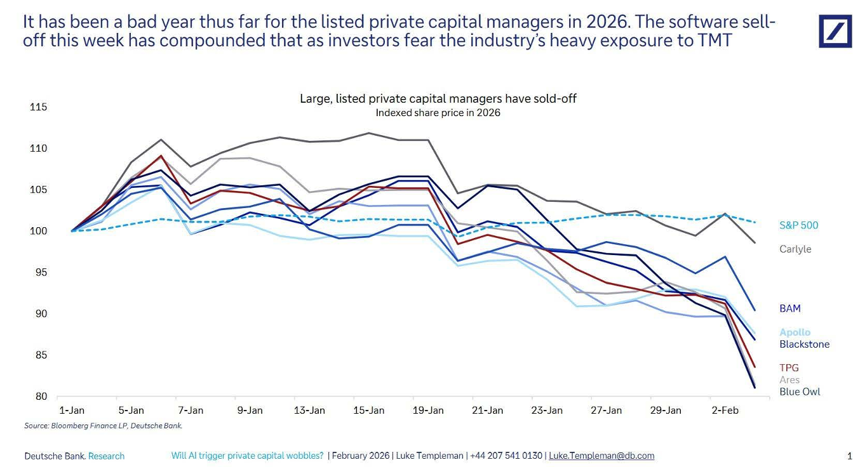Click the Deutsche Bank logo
[x=835, y=31]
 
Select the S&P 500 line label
[x=798, y=225]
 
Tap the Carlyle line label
[x=795, y=249]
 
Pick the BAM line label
[x=789, y=308]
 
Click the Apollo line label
[x=795, y=332]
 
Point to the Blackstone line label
[x=804, y=344]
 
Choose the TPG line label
[x=789, y=368]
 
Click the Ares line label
[x=789, y=379]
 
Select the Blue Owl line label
[x=800, y=391]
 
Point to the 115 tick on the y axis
[x=39, y=107]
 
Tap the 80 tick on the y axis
[x=41, y=397]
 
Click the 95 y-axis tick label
[x=41, y=272]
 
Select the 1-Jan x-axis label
[x=72, y=411]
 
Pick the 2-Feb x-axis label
[x=725, y=411]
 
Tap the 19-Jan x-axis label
[x=428, y=411]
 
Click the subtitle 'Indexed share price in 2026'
[x=438, y=113]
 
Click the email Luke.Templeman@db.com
[x=601, y=456]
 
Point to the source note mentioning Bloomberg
[x=103, y=426]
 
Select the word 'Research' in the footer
[x=106, y=456]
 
